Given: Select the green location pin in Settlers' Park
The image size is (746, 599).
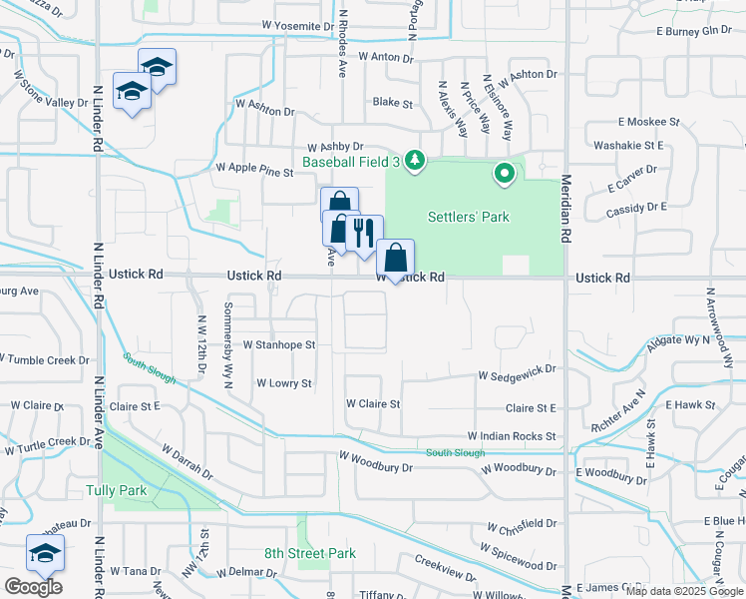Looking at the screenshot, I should (506, 174).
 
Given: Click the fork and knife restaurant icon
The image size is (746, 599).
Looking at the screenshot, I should (363, 233).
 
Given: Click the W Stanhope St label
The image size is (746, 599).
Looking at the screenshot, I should (279, 345).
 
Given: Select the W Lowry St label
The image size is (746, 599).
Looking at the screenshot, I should (284, 383).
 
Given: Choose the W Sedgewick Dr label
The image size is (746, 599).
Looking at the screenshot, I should (516, 376).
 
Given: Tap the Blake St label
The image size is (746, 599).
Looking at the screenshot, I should (392, 103).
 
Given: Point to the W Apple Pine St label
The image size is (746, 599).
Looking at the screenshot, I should (254, 172).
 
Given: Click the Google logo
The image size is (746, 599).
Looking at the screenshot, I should (33, 587).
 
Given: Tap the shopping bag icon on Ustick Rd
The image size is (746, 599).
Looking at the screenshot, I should (396, 259).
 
